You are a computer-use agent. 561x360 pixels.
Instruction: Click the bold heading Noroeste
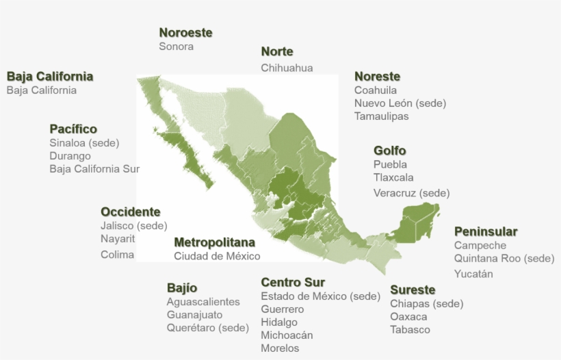185,33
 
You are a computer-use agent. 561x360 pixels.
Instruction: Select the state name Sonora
176,47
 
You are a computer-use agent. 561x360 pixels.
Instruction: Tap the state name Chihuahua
287,68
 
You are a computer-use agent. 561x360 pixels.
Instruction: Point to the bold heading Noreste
377,77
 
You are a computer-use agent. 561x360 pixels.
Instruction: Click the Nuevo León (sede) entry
400,103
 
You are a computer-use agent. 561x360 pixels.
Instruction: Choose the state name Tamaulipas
381,116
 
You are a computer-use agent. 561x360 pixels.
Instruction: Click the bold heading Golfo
389,151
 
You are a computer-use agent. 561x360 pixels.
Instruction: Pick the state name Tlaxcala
393,178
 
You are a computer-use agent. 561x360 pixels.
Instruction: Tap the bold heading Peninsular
486,232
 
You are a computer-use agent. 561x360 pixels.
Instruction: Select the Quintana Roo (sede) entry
504,259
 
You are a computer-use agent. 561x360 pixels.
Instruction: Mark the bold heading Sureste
413,290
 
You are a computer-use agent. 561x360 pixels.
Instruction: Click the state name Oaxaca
408,317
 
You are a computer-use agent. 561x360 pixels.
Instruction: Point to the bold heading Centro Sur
293,283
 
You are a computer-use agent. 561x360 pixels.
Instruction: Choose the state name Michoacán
287,335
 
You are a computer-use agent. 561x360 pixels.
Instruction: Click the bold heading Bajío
182,288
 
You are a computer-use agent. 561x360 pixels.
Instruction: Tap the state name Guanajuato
194,315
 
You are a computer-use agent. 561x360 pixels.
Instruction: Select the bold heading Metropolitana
214,243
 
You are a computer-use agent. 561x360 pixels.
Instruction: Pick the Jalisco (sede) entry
133,226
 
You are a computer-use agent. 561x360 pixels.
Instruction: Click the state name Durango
70,156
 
